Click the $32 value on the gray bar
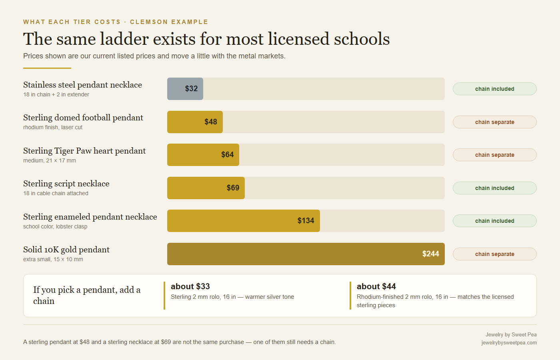point(191,88)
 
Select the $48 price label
point(211,122)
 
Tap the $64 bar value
point(227,154)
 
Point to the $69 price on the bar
point(233,188)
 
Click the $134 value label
point(306,220)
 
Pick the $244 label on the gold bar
point(430,254)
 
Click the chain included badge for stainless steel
point(494,89)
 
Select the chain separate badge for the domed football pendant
point(494,122)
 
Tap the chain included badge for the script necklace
point(494,188)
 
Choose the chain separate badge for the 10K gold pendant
point(494,254)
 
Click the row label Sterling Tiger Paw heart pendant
point(84,151)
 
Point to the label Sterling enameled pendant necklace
point(90,217)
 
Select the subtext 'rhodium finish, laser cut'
point(53,127)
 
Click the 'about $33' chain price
point(190,286)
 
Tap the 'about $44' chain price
point(376,286)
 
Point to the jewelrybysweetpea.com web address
point(509,342)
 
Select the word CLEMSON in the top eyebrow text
point(149,22)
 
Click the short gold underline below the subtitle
point(47,68)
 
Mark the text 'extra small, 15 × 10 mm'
point(53,259)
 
